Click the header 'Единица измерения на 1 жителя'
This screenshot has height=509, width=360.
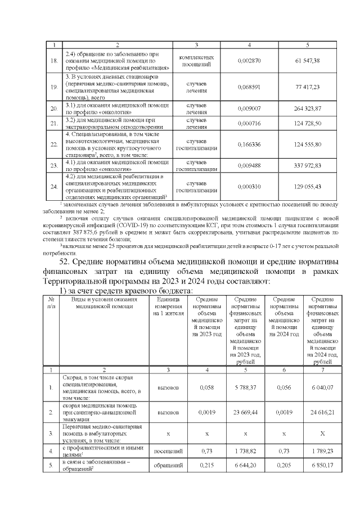[x=168, y=306]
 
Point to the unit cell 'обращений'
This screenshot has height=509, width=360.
[x=168, y=466]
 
